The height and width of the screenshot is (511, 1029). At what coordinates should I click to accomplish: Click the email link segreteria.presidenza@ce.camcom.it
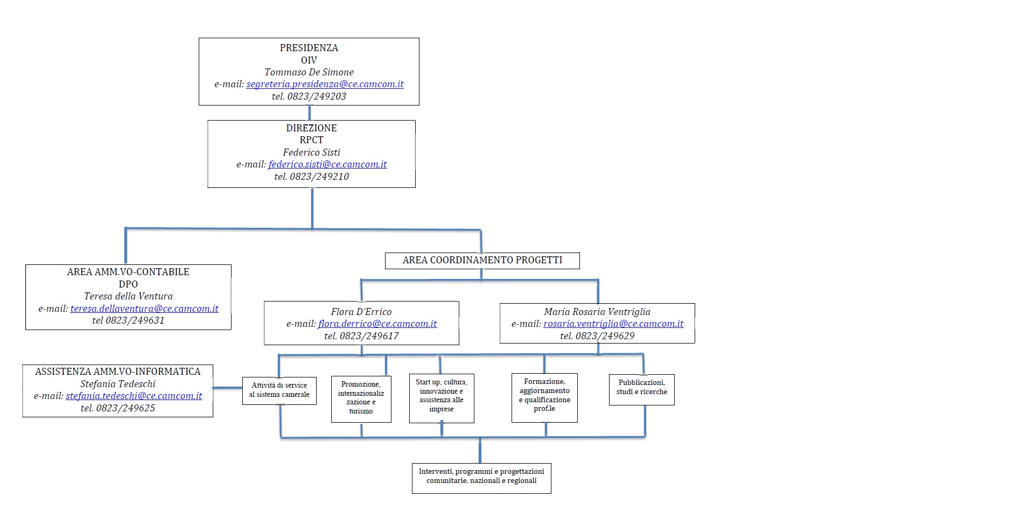[325, 84]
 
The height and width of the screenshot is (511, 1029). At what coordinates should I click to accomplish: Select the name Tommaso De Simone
[309, 72]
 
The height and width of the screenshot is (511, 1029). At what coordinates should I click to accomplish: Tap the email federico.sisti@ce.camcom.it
[327, 164]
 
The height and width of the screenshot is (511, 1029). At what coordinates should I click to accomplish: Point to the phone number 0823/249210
[319, 177]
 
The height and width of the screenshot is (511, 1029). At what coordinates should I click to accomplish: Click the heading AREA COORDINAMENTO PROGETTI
[482, 260]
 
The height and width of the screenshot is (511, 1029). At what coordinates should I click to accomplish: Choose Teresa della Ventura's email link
[144, 309]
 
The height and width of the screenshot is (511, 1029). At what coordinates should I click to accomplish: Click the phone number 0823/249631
[135, 320]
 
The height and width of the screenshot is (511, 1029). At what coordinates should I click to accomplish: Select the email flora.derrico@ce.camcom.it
[377, 324]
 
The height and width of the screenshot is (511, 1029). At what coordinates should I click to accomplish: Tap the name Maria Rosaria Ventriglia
[597, 312]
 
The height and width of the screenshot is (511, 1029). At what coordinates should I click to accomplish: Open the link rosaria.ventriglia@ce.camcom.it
[613, 324]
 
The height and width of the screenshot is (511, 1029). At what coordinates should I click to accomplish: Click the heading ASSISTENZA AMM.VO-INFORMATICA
[118, 372]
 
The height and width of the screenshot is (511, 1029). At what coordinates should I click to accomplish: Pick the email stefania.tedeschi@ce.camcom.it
[134, 396]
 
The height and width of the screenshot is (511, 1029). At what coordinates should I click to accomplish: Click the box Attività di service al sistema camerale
[279, 391]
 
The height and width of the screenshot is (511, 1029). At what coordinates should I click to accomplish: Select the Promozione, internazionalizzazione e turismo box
[361, 399]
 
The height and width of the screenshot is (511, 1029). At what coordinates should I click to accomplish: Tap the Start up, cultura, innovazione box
[442, 398]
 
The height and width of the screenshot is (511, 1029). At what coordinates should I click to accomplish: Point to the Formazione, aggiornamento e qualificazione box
[544, 398]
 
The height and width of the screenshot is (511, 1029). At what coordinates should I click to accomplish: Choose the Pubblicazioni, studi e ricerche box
[642, 390]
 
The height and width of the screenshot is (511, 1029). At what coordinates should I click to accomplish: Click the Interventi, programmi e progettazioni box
[481, 478]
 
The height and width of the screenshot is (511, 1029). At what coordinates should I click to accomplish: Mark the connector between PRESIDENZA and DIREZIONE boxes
[310, 113]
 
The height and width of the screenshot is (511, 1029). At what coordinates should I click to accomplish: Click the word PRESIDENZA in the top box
[309, 48]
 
